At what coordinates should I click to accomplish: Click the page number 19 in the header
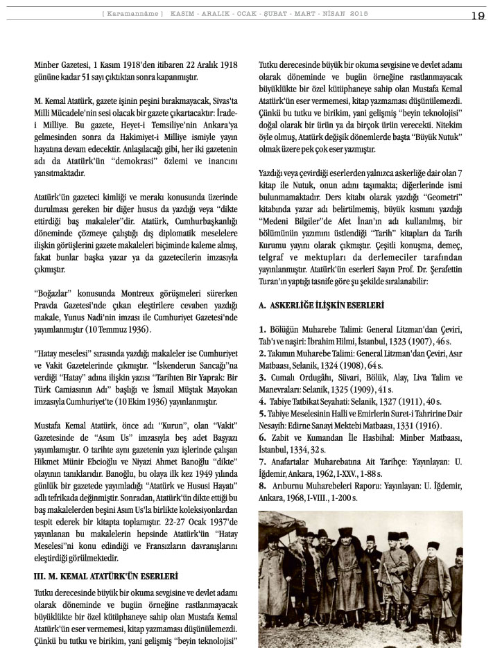click(x=477, y=16)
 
